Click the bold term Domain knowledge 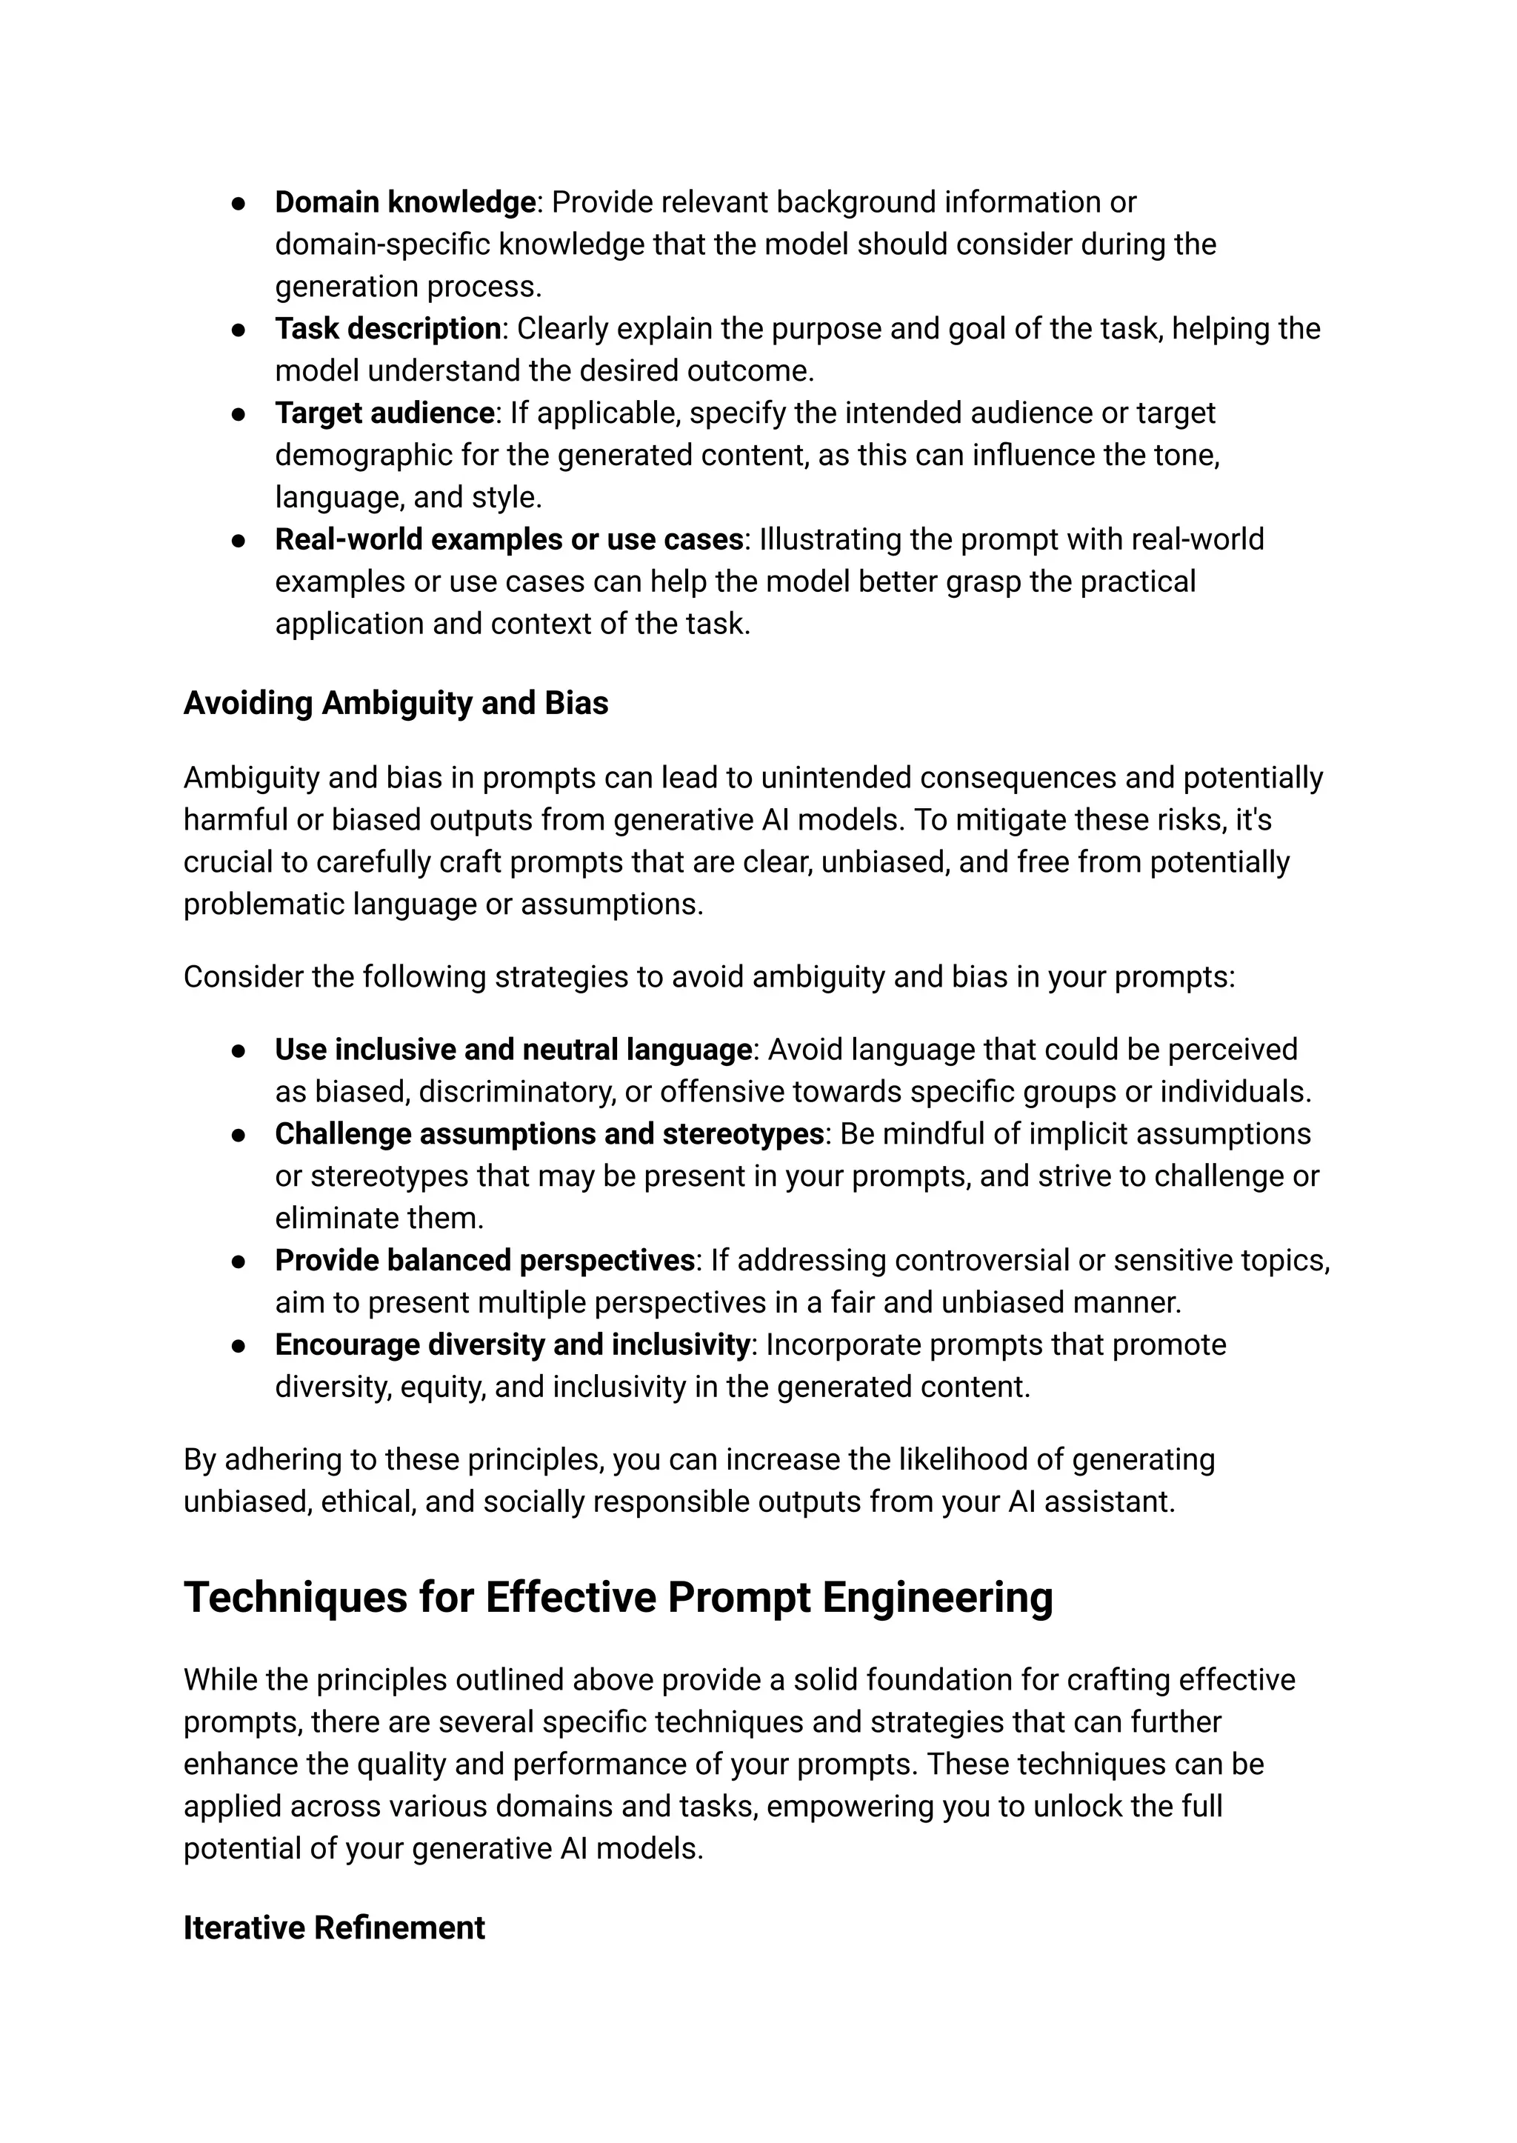[x=404, y=203]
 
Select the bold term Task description [x=387, y=329]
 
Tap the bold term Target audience [x=384, y=413]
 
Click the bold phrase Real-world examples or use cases [x=509, y=540]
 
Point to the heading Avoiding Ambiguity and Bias [x=395, y=704]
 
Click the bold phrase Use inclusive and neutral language [x=513, y=1050]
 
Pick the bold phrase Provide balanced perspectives [x=484, y=1262]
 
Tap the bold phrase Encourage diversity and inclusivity [x=512, y=1345]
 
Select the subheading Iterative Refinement [x=333, y=1928]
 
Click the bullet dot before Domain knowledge [x=239, y=204]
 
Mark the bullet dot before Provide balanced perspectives [x=239, y=1262]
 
